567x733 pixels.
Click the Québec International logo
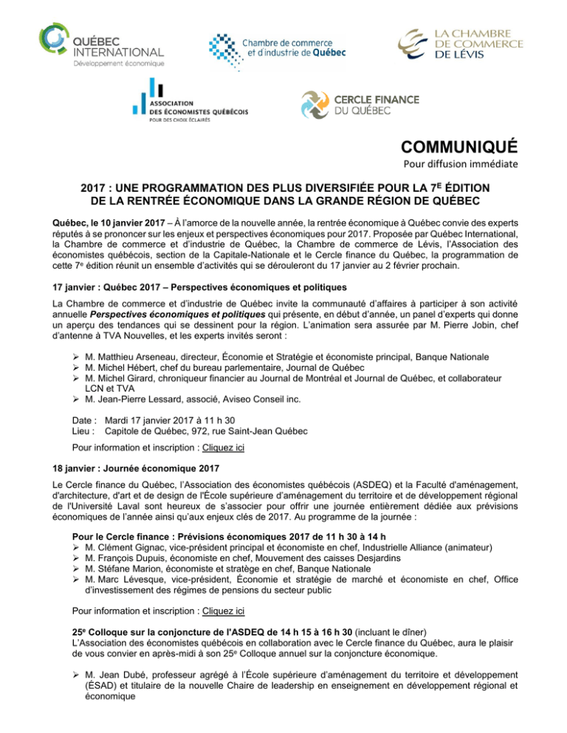(x=101, y=46)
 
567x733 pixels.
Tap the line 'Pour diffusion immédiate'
(x=483, y=163)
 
